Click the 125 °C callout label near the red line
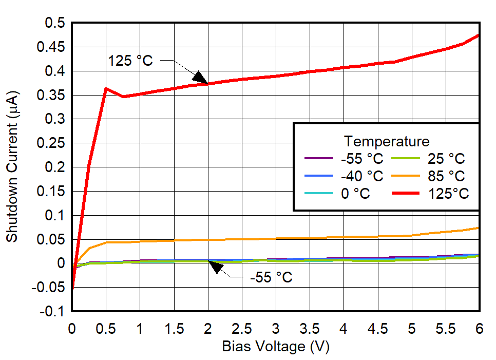[130, 61]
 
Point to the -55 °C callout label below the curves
[271, 278]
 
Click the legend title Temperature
[387, 141]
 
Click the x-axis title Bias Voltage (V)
[275, 347]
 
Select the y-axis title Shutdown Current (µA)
[12, 167]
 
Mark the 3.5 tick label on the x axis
[310, 328]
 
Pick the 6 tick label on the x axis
[479, 328]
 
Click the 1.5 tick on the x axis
[174, 328]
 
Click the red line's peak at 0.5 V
[106, 88]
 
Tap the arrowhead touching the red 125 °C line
[200, 77]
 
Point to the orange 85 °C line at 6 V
[479, 228]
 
